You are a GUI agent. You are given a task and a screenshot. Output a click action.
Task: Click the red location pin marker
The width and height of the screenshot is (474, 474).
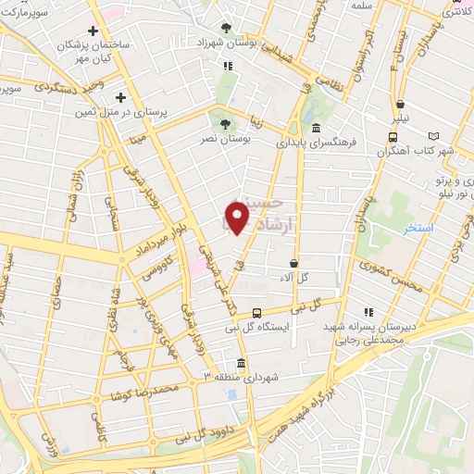(x=238, y=218)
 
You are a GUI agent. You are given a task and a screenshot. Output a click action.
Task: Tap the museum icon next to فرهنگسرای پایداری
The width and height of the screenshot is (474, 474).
(x=317, y=128)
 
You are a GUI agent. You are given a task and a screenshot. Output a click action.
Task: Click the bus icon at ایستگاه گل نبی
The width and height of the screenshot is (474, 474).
(x=257, y=313)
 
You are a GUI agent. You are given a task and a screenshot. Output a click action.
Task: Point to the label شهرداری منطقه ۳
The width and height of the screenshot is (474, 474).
(x=241, y=379)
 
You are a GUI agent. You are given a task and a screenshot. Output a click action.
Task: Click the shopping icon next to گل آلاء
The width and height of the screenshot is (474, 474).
(x=293, y=263)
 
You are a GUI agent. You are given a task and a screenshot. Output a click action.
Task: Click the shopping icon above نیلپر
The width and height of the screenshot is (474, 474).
(x=399, y=104)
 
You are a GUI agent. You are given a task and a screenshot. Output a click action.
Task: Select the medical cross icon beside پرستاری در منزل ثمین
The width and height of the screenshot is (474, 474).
(x=120, y=96)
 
